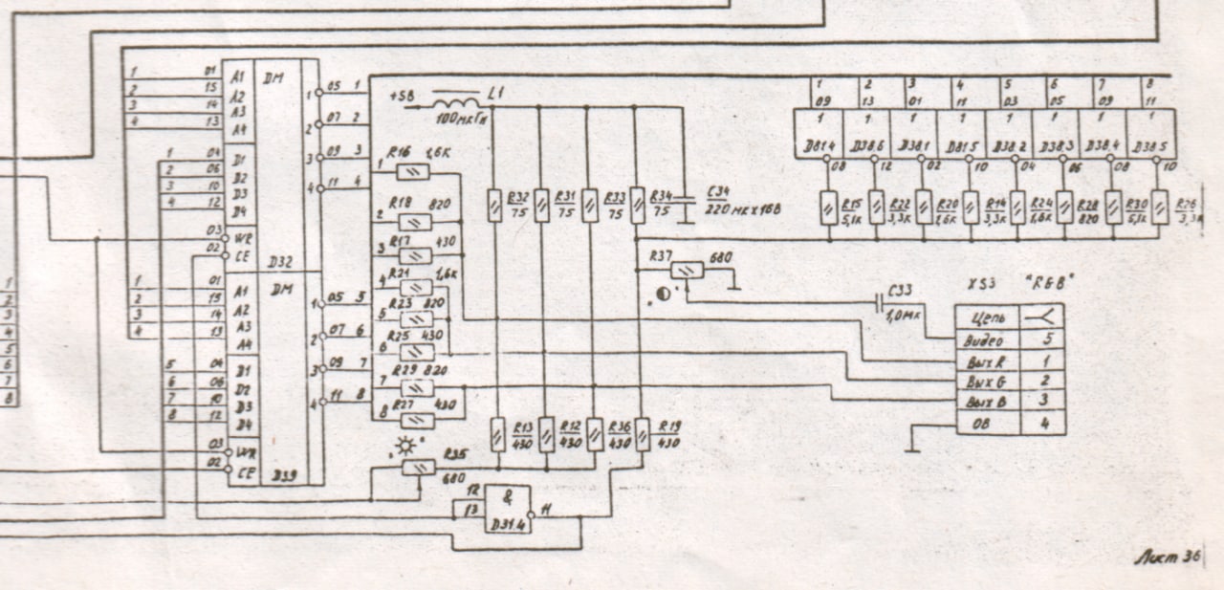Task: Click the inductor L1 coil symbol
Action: [456, 102]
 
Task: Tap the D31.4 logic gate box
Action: [507, 510]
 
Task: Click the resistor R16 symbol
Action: [412, 172]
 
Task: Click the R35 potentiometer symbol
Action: [419, 467]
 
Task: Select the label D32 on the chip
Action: [281, 260]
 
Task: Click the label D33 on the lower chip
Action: [281, 474]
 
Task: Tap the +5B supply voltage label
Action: [403, 96]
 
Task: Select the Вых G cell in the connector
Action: [984, 380]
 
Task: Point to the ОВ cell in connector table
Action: [984, 422]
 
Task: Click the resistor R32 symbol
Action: [493, 206]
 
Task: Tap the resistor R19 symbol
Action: [640, 435]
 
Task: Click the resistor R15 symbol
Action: [828, 207]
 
